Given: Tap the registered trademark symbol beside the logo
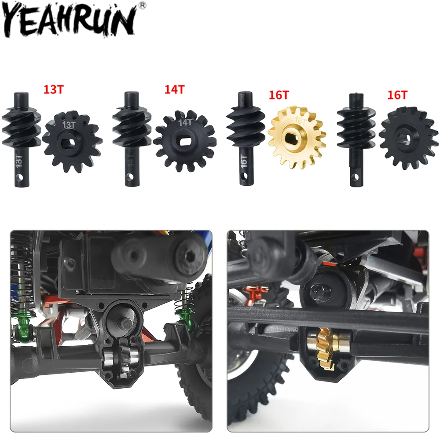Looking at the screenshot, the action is (143, 5).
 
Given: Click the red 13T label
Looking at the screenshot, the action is (54, 89).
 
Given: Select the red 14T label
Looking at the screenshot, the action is (175, 89).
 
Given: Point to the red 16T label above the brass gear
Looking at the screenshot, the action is (279, 95).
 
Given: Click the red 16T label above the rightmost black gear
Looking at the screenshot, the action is (397, 95).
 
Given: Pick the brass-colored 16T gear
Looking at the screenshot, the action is (297, 138).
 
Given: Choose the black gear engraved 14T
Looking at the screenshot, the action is (185, 141).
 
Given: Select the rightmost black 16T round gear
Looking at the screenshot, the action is (409, 138).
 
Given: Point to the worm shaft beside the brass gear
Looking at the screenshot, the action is (245, 138).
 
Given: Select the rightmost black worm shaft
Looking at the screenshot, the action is (356, 139).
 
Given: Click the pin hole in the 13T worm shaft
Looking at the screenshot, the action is (19, 177).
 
